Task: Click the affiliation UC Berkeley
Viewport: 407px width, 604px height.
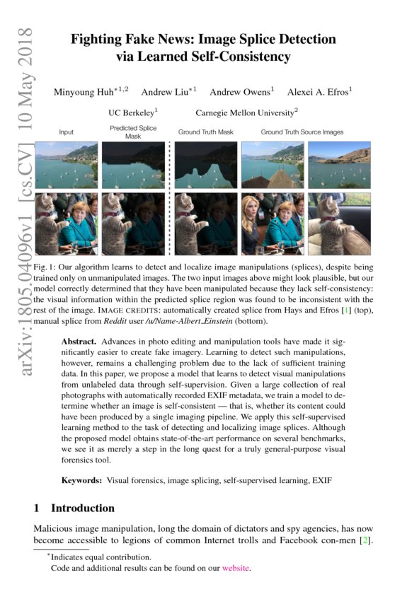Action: pos(132,112)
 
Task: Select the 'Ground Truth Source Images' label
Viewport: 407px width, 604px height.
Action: pos(302,132)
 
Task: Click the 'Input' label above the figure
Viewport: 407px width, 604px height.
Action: pos(67,132)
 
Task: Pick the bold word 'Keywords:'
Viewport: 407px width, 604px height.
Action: pos(82,481)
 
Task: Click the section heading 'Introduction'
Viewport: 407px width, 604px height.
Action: pos(83,509)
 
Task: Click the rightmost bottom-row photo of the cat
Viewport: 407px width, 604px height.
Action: pos(338,223)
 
